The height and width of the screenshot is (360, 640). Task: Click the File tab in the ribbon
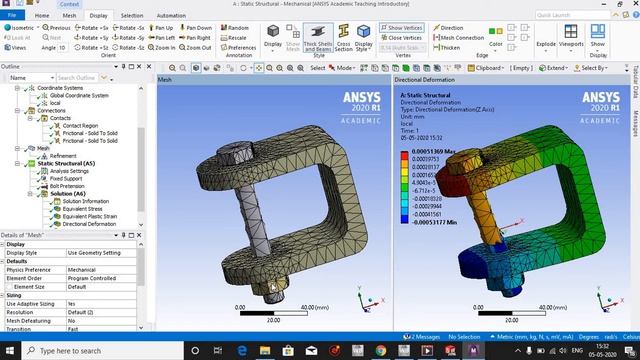click(x=9, y=16)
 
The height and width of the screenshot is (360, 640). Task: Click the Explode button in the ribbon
click(x=546, y=45)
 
